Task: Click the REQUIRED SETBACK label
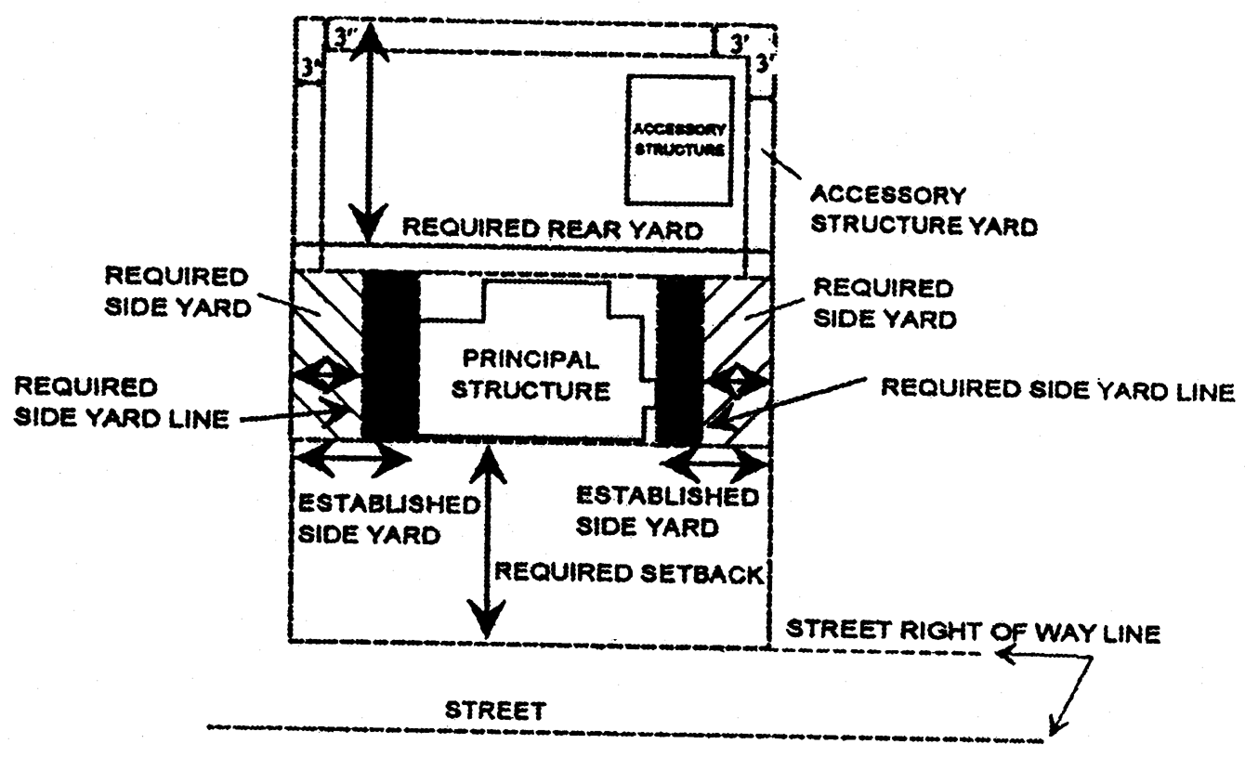tap(629, 572)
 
